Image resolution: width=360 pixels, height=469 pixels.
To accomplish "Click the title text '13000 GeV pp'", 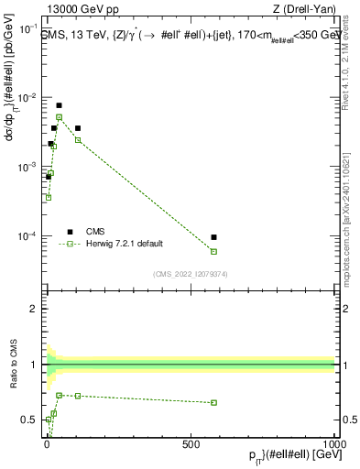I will [75, 12].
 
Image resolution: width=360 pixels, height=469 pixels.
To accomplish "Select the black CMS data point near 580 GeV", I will [213, 237].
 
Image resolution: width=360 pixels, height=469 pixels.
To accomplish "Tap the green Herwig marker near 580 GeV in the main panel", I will [213, 251].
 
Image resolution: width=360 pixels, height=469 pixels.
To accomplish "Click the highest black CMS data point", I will [59, 105].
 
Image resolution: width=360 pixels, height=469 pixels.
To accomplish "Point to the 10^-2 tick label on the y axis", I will [27, 98].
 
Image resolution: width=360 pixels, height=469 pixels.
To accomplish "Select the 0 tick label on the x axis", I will [46, 442].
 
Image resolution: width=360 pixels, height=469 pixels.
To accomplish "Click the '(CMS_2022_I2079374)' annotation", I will [190, 273].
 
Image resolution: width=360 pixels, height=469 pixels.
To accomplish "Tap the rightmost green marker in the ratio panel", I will [213, 402].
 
